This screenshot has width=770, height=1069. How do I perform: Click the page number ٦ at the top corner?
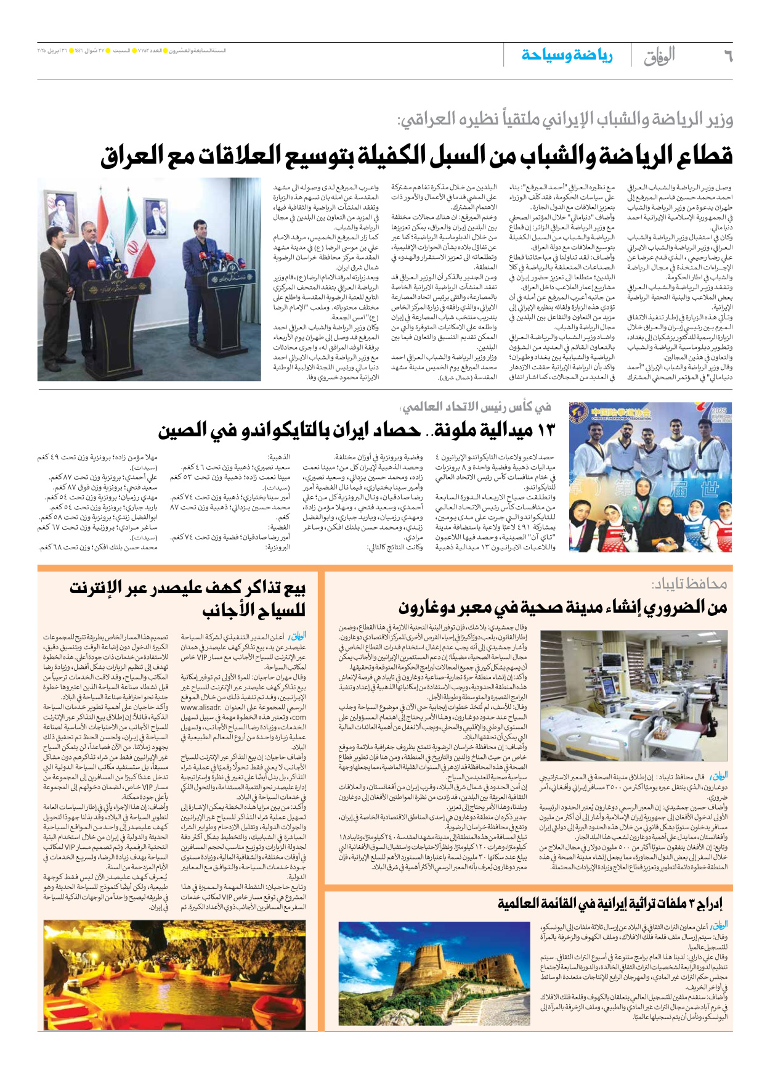[x=727, y=56]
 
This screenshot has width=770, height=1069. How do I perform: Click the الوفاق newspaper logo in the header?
[x=659, y=57]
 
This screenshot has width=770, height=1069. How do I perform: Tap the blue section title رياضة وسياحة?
[x=567, y=55]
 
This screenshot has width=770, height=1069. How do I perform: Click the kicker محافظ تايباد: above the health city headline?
[x=689, y=583]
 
